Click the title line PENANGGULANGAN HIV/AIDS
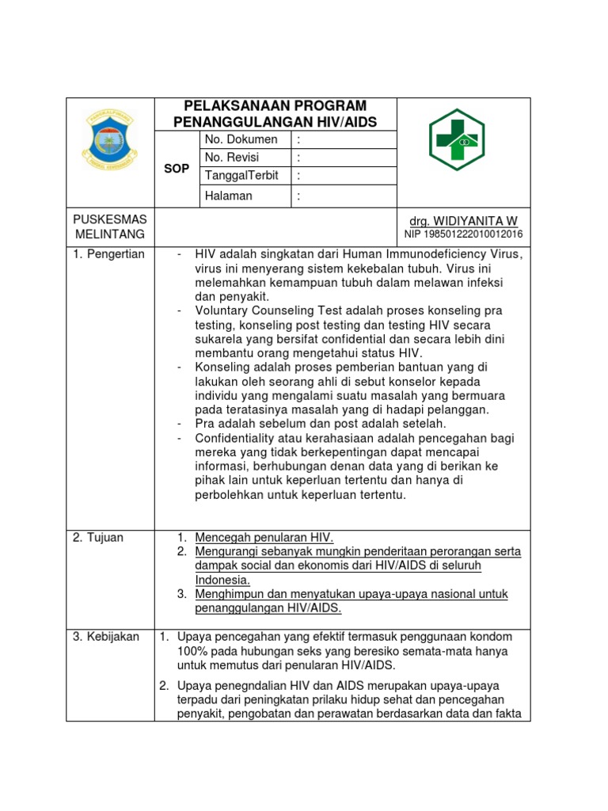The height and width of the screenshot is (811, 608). point(275,122)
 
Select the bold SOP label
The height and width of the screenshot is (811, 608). point(176,169)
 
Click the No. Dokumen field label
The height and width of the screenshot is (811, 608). point(241,139)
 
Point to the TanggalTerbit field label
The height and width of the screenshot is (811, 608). point(241,175)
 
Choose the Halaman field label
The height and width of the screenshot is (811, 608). point(229,196)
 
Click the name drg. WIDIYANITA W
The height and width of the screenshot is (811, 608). point(463,220)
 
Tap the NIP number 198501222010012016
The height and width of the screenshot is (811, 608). point(463,234)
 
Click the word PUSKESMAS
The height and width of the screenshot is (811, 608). point(109,219)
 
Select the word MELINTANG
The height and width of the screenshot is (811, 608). point(109,234)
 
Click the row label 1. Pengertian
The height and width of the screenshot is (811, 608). point(108,254)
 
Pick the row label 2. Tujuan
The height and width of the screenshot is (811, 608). point(98,538)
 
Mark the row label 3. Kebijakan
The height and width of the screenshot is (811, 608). point(106,637)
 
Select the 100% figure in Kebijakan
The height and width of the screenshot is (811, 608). point(192,651)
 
